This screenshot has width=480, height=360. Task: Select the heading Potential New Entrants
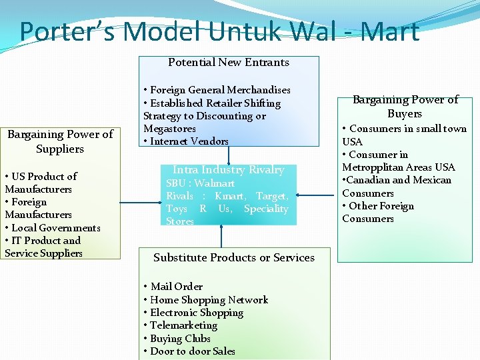229,63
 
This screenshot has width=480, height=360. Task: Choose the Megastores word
169,129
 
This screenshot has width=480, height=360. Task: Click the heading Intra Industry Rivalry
229,170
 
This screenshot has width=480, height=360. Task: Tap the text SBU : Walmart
200,183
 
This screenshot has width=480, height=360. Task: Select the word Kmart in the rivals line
231,196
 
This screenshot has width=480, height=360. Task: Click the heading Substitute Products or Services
234,257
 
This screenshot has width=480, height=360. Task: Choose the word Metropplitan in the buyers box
370,167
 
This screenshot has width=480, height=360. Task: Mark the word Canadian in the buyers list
371,180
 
